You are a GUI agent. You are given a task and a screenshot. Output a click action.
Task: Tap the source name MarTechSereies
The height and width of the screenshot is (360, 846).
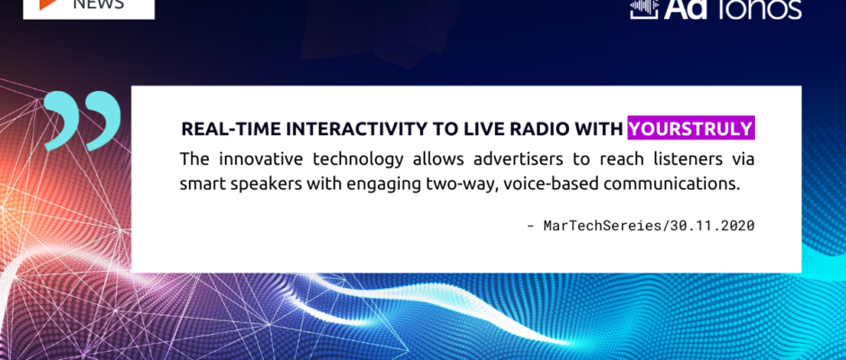pyautogui.click(x=602, y=226)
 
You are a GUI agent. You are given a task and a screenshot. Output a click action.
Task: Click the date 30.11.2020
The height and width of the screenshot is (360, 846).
pyautogui.click(x=712, y=226)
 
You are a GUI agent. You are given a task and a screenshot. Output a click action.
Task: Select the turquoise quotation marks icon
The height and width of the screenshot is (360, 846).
pyautogui.click(x=82, y=120)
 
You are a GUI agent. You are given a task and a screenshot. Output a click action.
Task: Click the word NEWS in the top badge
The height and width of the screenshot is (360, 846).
pyautogui.click(x=98, y=4)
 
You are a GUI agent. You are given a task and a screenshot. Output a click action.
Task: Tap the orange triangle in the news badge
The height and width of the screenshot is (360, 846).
pyautogui.click(x=48, y=4)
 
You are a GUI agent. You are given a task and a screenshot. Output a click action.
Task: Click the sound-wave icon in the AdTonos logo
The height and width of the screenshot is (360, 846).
pyautogui.click(x=644, y=9)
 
